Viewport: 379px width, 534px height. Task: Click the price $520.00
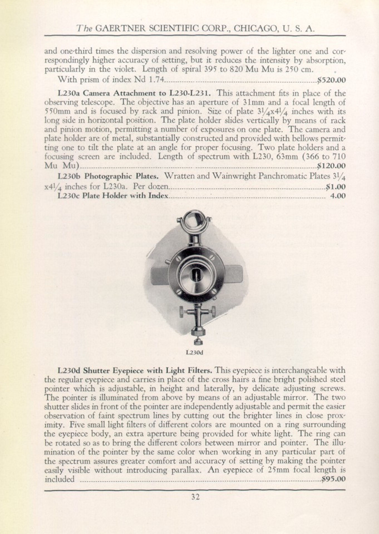(331, 80)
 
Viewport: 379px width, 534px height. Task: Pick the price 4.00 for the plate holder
(338, 195)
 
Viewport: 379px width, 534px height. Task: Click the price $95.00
(333, 479)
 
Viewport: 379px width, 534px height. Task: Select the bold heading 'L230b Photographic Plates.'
(108, 176)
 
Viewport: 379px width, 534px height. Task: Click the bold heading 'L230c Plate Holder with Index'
(113, 195)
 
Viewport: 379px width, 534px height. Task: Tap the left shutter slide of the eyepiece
(159, 275)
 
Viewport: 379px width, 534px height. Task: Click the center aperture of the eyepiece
(197, 275)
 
